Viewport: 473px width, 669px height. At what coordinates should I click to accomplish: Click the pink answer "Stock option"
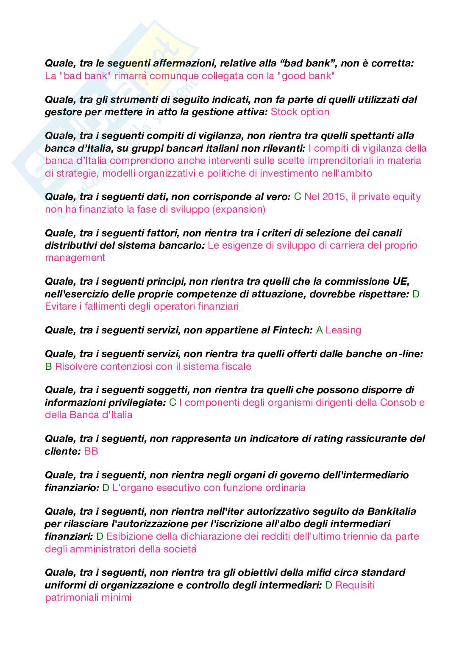(300, 112)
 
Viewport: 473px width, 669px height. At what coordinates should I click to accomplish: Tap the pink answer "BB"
(91, 451)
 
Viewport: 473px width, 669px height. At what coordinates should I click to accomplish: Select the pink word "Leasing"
(343, 330)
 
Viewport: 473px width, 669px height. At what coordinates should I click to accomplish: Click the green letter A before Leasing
(320, 330)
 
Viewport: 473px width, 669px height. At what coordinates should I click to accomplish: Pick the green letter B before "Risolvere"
(48, 366)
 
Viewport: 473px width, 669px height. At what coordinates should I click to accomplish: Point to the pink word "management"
(75, 258)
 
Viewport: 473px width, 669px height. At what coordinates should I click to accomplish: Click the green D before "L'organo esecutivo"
(106, 488)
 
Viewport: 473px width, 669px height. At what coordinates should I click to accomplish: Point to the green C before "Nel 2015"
(298, 197)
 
